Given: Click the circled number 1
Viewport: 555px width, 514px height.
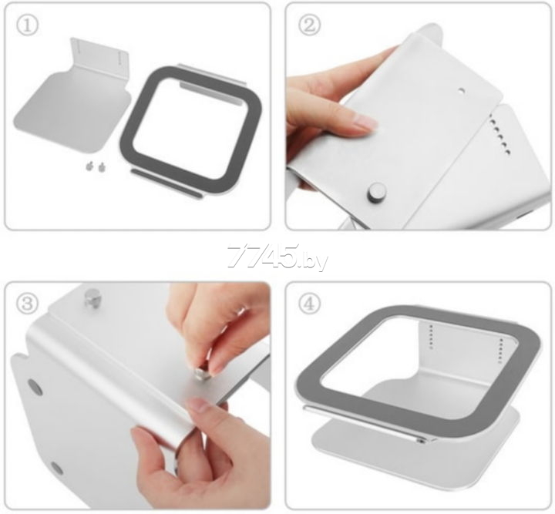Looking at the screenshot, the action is coord(27,25).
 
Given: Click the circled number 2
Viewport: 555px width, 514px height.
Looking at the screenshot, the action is coord(310,25).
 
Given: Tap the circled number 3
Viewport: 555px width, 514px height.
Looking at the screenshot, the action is coord(27,304).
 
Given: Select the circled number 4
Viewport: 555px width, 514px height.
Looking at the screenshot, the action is coord(310,304).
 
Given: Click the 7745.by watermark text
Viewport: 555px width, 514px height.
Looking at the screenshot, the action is coord(277,257).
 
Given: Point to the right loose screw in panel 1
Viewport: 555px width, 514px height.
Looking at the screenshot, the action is coord(103,167).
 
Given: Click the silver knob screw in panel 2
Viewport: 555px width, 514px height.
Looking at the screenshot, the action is coord(376,191).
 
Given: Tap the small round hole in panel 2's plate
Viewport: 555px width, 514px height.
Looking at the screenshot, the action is coord(460,91).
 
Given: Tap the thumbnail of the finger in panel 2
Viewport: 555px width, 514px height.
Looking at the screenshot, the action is coord(365,124).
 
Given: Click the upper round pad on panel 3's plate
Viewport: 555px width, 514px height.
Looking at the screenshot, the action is coord(35,387).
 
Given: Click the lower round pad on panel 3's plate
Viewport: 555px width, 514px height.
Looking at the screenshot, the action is coord(56,468).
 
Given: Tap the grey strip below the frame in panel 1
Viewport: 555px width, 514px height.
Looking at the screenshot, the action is coord(166,183).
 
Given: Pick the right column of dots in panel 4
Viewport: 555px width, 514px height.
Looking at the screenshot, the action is coord(501,351).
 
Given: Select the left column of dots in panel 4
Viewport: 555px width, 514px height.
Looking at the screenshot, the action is coord(431,337).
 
